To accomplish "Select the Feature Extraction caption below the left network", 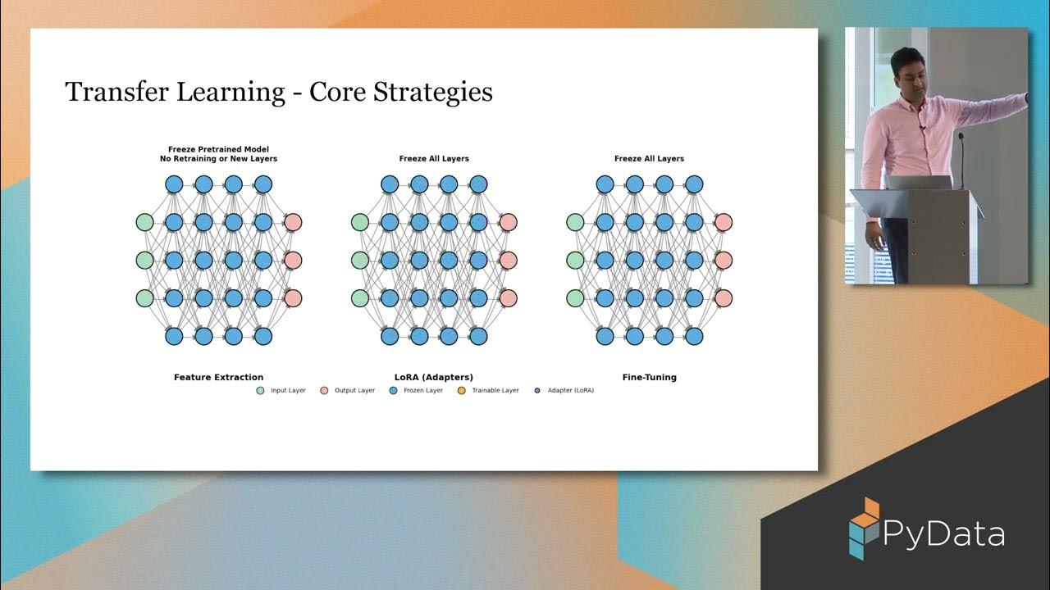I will [218, 378].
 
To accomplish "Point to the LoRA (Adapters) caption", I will [433, 378].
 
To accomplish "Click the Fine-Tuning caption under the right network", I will [649, 378].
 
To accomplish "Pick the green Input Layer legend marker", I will [260, 391].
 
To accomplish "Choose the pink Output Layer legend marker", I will [324, 391].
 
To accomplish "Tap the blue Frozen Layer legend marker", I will [393, 391].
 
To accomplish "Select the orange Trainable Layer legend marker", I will [461, 391].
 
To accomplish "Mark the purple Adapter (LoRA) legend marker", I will [537, 391].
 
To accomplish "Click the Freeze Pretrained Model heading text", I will [218, 149].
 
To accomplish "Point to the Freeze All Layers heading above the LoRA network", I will [434, 158].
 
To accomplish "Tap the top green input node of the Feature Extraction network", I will [144, 222].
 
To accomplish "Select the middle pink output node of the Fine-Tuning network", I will [723, 260].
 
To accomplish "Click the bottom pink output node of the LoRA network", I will [508, 297].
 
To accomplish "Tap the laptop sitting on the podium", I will [917, 183].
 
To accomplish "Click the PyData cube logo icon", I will [863, 528].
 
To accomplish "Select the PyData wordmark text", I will [943, 534].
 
